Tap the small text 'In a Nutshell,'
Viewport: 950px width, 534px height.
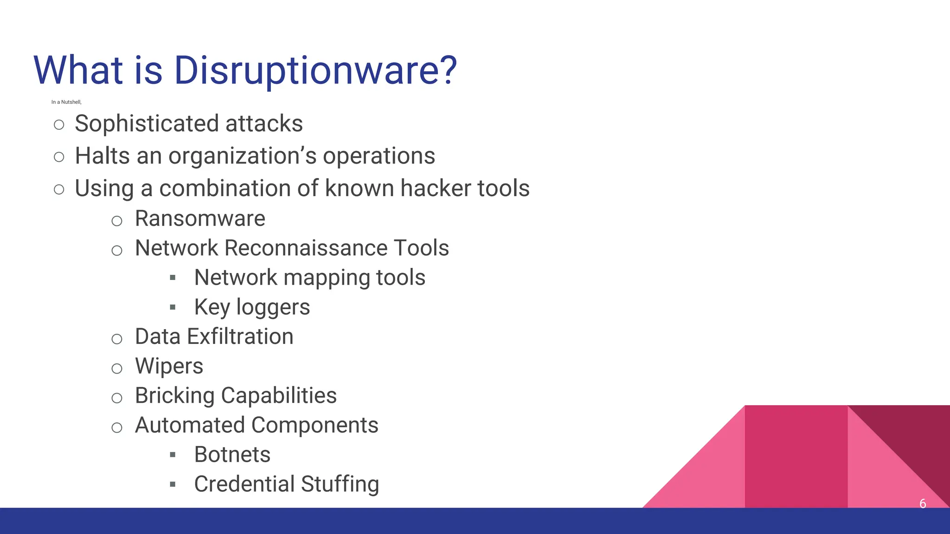tap(66, 102)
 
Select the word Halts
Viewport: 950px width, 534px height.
tap(103, 156)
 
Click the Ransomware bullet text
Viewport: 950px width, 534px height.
tap(200, 218)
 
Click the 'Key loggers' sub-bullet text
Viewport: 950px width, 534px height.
tap(252, 307)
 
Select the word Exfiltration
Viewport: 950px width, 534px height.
tap(240, 337)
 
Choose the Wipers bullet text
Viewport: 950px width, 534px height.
tap(169, 366)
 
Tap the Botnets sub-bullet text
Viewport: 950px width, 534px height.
tap(232, 455)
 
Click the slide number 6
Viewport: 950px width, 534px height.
tap(923, 503)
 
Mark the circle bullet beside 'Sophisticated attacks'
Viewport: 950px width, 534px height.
tap(59, 125)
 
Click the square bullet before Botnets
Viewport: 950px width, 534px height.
tap(173, 455)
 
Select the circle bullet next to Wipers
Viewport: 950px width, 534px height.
tap(117, 369)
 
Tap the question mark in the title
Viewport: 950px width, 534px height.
tap(449, 70)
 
